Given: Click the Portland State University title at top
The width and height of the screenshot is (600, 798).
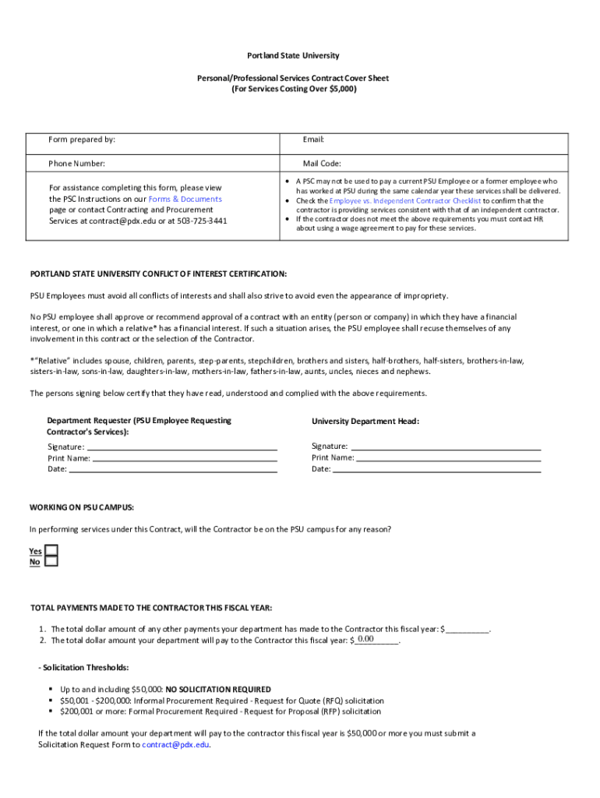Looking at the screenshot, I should click(x=294, y=56).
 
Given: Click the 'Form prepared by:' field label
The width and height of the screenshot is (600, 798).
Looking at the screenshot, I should click(x=82, y=139).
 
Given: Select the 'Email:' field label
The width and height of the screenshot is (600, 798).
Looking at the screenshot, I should click(x=313, y=139).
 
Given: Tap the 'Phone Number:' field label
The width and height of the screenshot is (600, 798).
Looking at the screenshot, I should click(x=76, y=164).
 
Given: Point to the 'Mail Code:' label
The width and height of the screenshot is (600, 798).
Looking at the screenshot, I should click(x=322, y=164).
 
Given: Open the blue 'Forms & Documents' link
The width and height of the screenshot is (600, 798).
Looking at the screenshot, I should click(x=185, y=199).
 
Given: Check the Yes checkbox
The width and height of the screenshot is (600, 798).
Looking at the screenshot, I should click(x=51, y=550).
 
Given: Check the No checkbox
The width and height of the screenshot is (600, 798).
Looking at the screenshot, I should click(x=51, y=561).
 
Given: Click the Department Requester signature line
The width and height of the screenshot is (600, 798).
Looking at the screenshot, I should click(x=182, y=447).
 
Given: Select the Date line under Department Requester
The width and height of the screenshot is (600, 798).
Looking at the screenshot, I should click(x=173, y=469).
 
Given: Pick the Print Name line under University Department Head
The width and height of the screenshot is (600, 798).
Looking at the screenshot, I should click(x=448, y=457).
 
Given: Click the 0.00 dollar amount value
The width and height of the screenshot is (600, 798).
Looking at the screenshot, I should click(x=365, y=639).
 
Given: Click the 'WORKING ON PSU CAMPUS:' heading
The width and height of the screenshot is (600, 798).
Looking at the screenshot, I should click(x=82, y=507).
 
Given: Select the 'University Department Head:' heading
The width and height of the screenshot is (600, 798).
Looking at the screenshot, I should click(x=365, y=421).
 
